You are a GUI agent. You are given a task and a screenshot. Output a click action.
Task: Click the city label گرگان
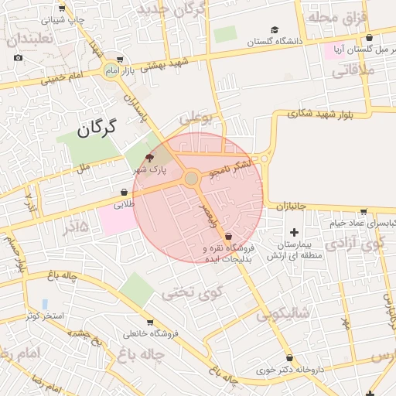click(97, 128)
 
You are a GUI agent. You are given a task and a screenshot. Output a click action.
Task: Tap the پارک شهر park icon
click(149, 156)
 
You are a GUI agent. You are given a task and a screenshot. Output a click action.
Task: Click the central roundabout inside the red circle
click(191, 179)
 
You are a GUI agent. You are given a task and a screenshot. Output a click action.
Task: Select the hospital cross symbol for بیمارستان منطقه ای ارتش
click(294, 232)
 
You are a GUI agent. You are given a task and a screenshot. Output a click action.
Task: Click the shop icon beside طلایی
click(124, 193)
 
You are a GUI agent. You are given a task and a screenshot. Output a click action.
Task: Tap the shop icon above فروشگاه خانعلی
click(150, 323)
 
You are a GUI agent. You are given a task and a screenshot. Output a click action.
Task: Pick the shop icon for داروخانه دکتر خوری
click(289, 357)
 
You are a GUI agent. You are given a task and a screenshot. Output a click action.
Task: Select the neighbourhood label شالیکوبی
click(284, 312)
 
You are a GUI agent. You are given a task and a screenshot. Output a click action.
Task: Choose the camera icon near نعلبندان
click(19, 58)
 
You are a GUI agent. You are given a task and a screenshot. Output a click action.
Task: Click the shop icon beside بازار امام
click(119, 60)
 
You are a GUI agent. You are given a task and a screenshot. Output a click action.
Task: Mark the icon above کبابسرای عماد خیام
click(364, 211)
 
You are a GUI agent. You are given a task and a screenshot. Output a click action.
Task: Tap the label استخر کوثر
click(43, 316)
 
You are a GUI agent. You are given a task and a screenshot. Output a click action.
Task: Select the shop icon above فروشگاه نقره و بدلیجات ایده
click(228, 236)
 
